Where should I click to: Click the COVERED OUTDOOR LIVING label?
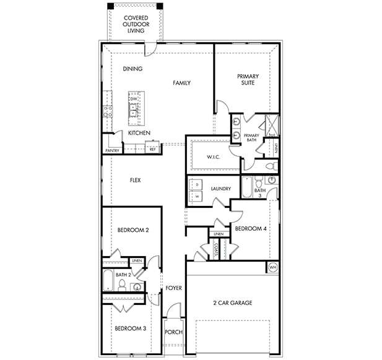pos(135,24)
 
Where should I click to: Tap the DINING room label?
pos(132,69)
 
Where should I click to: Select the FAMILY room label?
pos(181,83)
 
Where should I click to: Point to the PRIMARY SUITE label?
pos(248,81)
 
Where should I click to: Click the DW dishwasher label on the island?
pos(133,98)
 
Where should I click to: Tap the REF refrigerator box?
pos(152,148)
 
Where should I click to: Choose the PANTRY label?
pos(112,150)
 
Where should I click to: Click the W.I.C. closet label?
pos(213,157)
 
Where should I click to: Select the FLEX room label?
pos(135,180)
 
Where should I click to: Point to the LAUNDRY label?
pos(220,189)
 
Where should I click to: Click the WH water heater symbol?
pos(273,267)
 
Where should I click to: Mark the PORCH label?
pos(173,332)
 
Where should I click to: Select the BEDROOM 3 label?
pos(131,328)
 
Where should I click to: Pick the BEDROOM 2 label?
pos(133,230)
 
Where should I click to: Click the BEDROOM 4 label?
pos(251,229)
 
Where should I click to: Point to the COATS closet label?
pos(216,249)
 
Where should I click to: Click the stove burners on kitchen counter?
pos(107,111)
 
